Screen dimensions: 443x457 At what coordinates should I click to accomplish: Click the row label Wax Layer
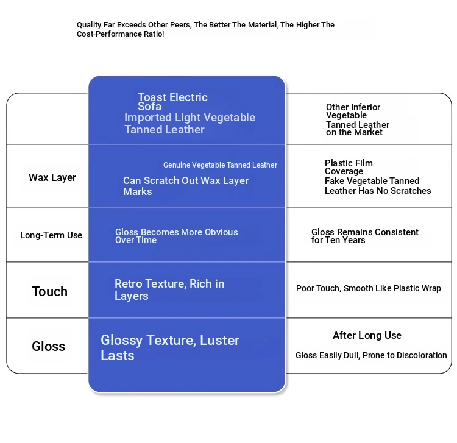click(x=52, y=178)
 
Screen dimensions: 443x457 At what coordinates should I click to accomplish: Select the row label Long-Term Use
click(x=51, y=235)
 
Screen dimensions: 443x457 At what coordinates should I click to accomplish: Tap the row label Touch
click(x=50, y=291)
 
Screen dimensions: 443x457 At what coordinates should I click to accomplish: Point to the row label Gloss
click(x=49, y=347)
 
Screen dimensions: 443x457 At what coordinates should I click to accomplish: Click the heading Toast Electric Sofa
click(x=172, y=102)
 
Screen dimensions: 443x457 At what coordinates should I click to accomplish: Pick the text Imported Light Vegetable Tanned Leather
click(x=189, y=123)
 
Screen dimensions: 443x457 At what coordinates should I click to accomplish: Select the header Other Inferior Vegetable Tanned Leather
click(x=357, y=119)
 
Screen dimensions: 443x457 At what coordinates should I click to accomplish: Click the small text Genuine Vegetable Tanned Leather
click(x=220, y=165)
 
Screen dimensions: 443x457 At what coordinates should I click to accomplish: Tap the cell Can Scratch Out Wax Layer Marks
click(x=185, y=186)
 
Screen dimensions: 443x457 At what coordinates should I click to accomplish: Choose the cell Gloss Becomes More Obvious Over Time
click(x=176, y=236)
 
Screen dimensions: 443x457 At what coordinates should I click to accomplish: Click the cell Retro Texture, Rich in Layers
click(x=169, y=289)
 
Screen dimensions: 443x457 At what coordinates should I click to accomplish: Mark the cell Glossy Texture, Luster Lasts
click(x=169, y=347)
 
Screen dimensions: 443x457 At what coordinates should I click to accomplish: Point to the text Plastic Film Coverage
click(x=348, y=167)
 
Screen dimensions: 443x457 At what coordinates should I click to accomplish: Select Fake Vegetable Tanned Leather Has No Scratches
click(x=377, y=186)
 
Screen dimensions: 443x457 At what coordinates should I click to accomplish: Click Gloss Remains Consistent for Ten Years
click(x=364, y=236)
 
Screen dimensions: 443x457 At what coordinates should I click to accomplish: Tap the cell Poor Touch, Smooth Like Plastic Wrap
click(x=368, y=288)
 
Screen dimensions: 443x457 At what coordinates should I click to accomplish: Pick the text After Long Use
click(x=367, y=336)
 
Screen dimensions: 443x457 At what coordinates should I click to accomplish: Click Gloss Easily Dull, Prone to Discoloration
click(x=371, y=355)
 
